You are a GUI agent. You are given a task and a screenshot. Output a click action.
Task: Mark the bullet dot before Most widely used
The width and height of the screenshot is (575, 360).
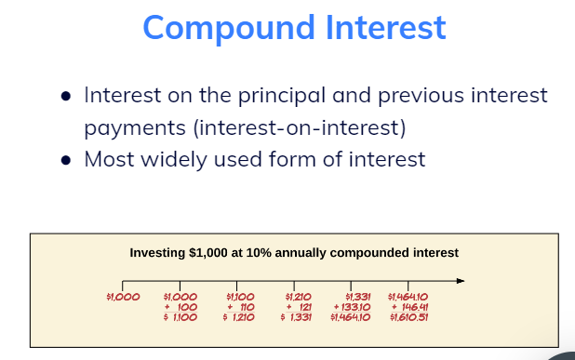65,160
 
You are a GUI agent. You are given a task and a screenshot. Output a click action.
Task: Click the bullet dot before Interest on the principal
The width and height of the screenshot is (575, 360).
65,96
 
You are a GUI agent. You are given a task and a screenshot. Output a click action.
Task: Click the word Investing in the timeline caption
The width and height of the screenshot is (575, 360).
157,252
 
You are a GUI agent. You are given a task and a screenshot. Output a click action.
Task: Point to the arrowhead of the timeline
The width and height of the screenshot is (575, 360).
459,280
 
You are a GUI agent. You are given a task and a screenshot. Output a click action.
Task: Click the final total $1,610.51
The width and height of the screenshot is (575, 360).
408,317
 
